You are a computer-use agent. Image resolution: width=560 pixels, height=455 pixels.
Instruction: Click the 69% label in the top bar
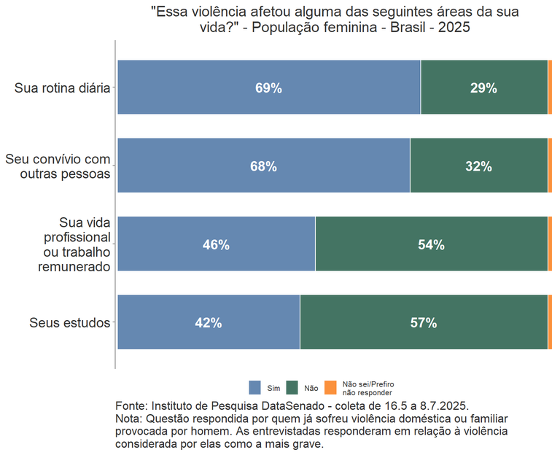pos(268,88)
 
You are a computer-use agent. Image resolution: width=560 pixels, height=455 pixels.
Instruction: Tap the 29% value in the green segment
pos(483,88)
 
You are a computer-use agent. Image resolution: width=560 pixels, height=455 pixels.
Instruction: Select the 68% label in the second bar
pos(263,166)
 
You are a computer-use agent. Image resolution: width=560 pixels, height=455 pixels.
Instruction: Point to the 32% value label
pos(478,166)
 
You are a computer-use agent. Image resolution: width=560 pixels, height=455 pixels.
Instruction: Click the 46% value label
pos(216,245)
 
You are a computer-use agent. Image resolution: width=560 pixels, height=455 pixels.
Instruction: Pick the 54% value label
pos(431,245)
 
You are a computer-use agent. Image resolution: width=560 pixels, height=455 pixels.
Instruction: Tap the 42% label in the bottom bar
pos(209,323)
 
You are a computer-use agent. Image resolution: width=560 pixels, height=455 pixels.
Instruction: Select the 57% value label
pos(424,323)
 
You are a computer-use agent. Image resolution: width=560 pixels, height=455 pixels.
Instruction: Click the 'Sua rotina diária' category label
pos(62,88)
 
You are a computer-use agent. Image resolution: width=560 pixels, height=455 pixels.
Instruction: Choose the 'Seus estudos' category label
pos(70,323)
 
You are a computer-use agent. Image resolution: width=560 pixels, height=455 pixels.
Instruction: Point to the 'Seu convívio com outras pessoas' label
pos(58,166)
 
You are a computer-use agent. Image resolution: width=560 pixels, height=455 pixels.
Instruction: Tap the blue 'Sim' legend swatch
pos(254,388)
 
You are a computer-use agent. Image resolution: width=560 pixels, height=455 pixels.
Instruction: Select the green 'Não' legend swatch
pos(292,388)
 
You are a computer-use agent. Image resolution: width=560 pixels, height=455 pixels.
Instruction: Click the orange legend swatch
pos(330,388)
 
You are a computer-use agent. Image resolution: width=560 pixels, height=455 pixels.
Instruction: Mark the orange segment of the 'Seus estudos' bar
pos(550,322)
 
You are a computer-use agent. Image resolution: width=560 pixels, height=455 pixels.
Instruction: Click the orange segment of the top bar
pos(550,87)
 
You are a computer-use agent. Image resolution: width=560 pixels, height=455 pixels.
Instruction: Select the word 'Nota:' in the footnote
pos(129,419)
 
